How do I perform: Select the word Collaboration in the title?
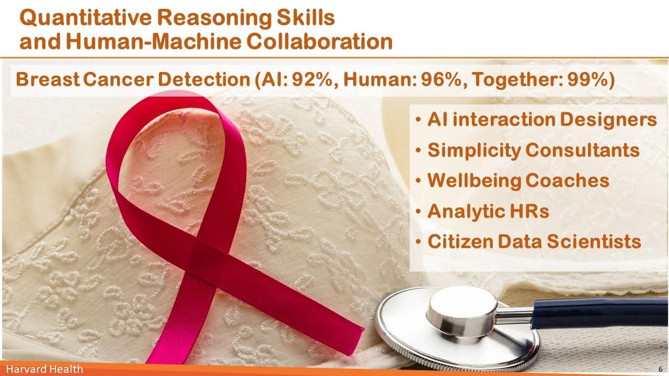[319, 41]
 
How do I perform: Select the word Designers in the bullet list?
[608, 120]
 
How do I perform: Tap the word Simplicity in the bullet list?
[474, 150]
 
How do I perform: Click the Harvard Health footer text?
[44, 369]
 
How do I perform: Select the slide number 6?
[660, 369]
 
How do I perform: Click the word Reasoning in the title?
[214, 18]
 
